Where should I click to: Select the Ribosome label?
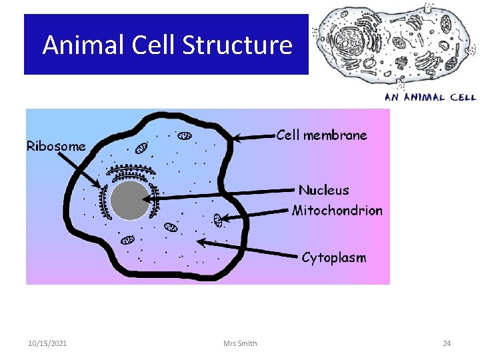click(56, 146)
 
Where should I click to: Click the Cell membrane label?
click(321, 135)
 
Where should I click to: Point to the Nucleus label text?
click(323, 190)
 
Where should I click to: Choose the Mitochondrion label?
click(337, 211)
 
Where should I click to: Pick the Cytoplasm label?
click(333, 257)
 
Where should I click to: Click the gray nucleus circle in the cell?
click(129, 201)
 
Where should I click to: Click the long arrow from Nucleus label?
click(220, 195)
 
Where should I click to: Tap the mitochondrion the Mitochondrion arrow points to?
click(218, 219)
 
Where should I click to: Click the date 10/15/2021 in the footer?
click(47, 343)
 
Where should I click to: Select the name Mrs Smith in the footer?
click(241, 343)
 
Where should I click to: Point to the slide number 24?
click(447, 343)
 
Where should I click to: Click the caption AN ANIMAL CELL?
click(429, 97)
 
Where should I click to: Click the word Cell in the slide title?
click(153, 45)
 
